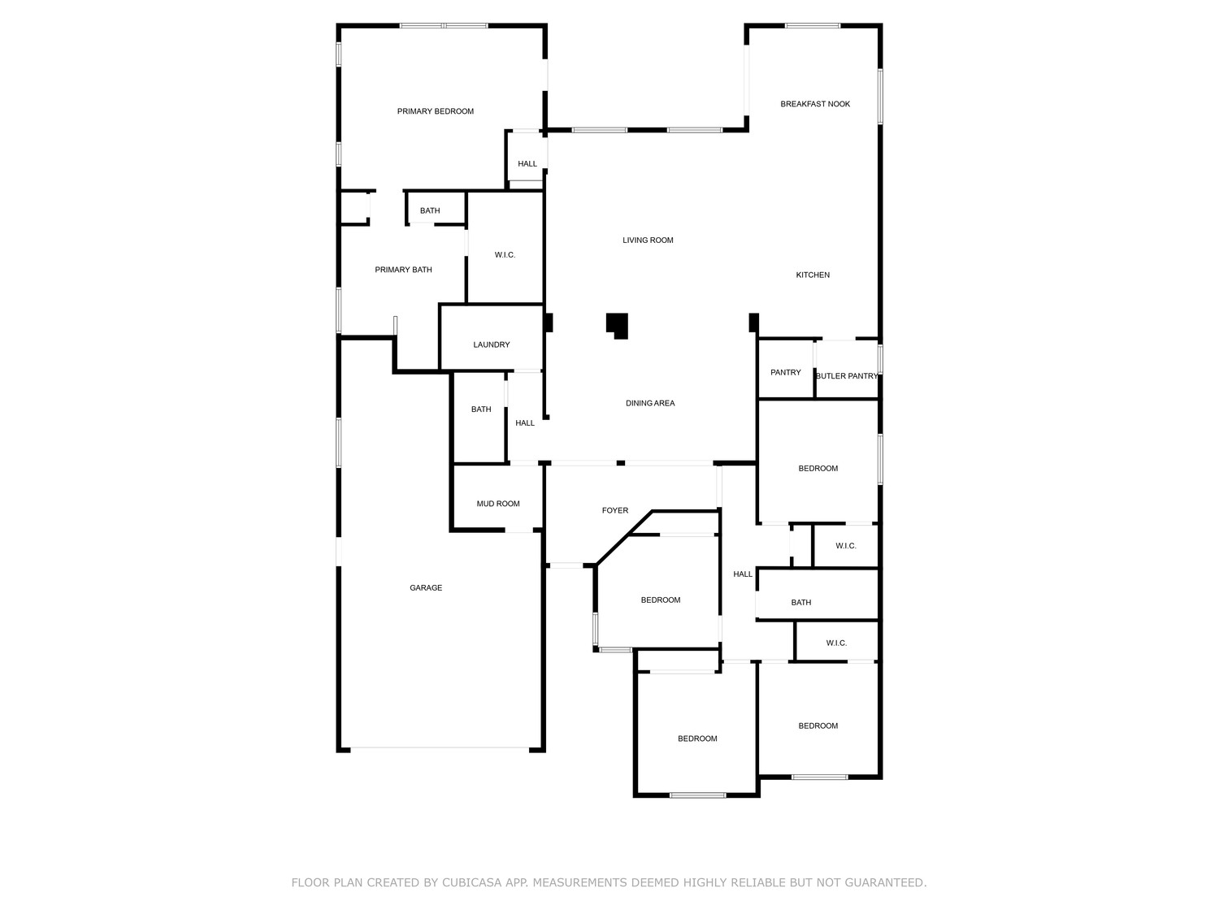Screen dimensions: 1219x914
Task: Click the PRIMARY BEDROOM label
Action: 436,111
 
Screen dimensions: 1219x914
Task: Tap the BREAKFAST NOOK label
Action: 815,104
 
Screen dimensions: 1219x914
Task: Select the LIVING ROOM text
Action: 648,240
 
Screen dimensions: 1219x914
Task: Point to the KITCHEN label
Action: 813,275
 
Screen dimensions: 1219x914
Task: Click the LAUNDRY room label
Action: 492,344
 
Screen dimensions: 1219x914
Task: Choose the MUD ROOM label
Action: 498,504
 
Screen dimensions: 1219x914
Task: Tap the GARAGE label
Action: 426,587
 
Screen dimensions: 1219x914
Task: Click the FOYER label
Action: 615,510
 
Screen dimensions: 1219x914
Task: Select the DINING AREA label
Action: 650,404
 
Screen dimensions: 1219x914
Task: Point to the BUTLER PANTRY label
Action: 846,376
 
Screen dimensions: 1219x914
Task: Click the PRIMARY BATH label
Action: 403,270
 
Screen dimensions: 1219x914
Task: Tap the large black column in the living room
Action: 617,326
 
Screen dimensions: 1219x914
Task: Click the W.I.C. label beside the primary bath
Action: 505,255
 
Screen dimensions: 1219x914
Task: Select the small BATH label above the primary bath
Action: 430,211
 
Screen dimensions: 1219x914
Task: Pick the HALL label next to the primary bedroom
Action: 527,164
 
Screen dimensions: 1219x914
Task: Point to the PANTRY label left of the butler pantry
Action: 785,372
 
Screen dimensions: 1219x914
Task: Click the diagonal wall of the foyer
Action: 623,538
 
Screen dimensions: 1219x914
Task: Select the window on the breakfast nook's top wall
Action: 813,25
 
